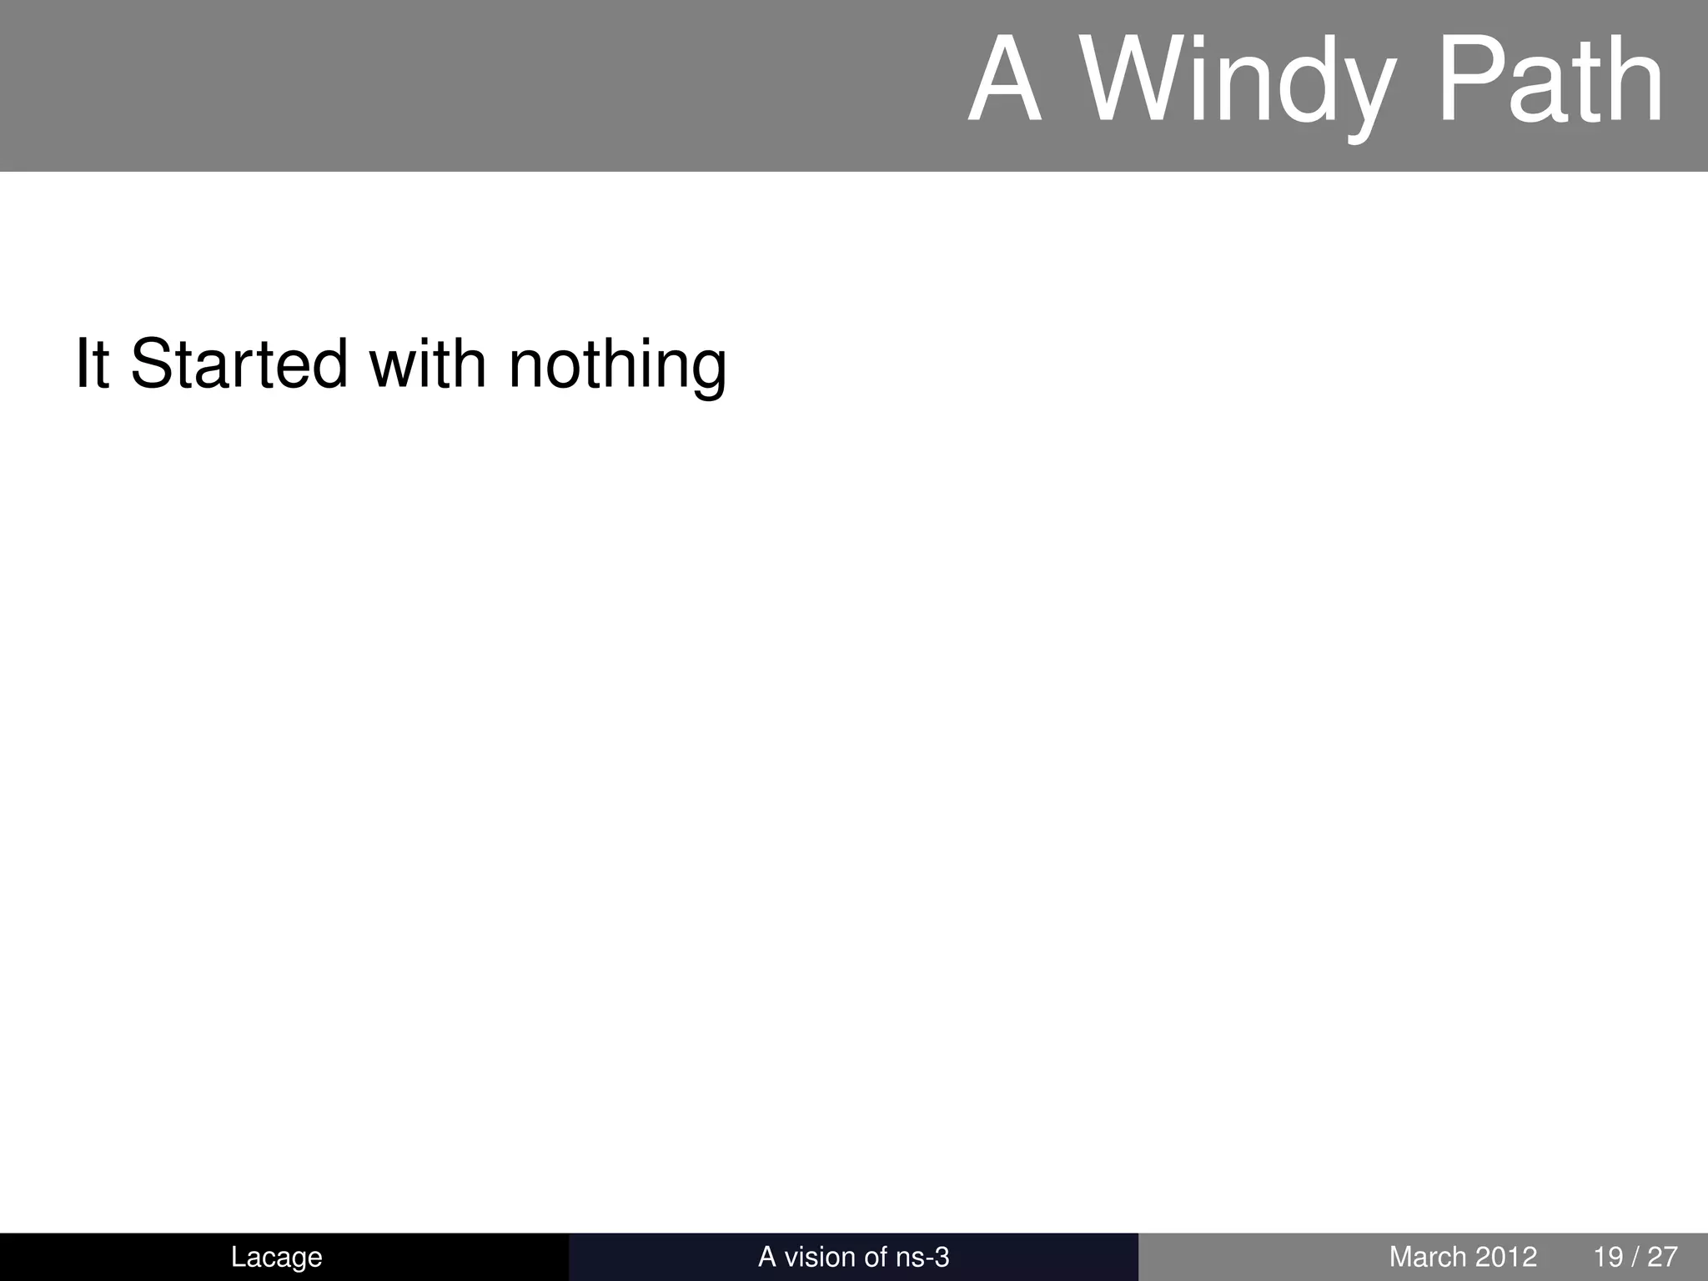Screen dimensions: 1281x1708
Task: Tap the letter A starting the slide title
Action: (x=1007, y=83)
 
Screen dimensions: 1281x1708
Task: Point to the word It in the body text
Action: (x=92, y=364)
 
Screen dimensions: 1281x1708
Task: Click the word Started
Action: (x=239, y=364)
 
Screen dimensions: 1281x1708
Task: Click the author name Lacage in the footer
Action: (x=276, y=1257)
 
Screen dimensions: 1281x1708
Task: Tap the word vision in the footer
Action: (x=826, y=1257)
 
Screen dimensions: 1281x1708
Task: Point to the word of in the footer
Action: (x=876, y=1257)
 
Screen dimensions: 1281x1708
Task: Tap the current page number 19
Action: (x=1609, y=1257)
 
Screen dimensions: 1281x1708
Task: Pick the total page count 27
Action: (x=1662, y=1257)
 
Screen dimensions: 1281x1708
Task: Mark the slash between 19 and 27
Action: (x=1635, y=1257)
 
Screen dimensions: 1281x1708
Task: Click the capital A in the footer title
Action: (x=766, y=1257)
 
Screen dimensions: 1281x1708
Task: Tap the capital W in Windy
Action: (x=1122, y=83)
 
